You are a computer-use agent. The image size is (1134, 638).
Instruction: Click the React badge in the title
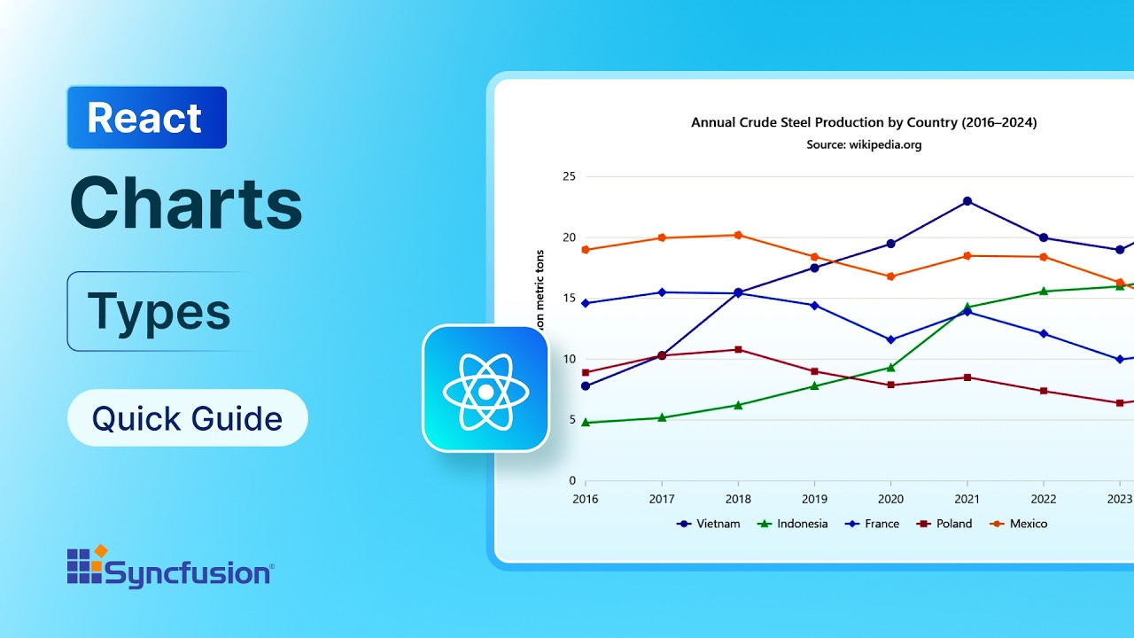146,118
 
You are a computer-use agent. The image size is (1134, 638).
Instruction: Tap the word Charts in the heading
186,203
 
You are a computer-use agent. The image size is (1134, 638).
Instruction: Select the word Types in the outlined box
159,311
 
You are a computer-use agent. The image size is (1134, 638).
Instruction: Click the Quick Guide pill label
187,418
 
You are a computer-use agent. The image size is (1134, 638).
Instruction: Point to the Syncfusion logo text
189,573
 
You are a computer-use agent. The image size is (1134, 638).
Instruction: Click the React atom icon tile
485,389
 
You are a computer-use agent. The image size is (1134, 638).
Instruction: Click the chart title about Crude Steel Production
864,122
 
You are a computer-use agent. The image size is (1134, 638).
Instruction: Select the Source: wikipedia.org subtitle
864,144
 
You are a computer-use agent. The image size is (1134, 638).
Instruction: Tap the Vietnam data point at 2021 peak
967,201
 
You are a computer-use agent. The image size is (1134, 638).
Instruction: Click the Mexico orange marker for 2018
738,235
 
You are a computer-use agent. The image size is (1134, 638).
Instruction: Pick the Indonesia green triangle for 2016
586,423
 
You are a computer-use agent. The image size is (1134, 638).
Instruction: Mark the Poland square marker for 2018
738,349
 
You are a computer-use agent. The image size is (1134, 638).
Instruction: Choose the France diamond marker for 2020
890,339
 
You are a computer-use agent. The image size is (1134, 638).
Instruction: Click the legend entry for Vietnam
708,524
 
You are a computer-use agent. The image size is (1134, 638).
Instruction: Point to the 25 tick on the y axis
569,176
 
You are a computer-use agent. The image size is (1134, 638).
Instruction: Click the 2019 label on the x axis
814,499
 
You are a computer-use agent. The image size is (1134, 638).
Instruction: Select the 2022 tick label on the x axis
1043,499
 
